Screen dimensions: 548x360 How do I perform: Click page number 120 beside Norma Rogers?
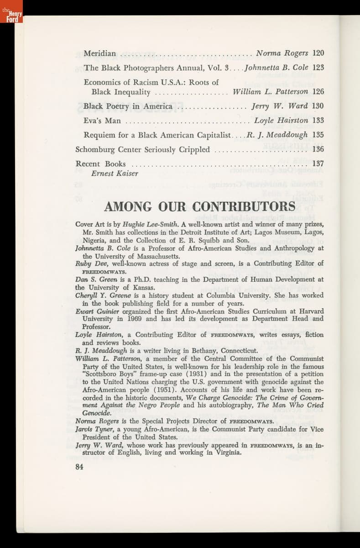click(318, 53)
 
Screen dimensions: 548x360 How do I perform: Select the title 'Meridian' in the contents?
click(99, 53)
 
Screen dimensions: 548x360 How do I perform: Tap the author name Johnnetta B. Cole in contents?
click(277, 68)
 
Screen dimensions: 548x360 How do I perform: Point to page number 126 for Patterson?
click(318, 92)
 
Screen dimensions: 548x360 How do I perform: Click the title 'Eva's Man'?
click(102, 121)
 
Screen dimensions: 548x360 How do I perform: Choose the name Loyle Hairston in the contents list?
click(281, 121)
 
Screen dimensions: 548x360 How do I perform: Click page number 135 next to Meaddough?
click(318, 135)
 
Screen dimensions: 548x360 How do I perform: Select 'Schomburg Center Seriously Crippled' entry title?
click(142, 150)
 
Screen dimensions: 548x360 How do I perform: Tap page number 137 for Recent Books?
click(318, 163)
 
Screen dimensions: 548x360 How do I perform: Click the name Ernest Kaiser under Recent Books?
click(115, 174)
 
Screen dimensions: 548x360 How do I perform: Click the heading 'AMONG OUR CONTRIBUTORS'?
click(199, 207)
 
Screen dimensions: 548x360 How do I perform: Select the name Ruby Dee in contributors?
click(89, 263)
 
